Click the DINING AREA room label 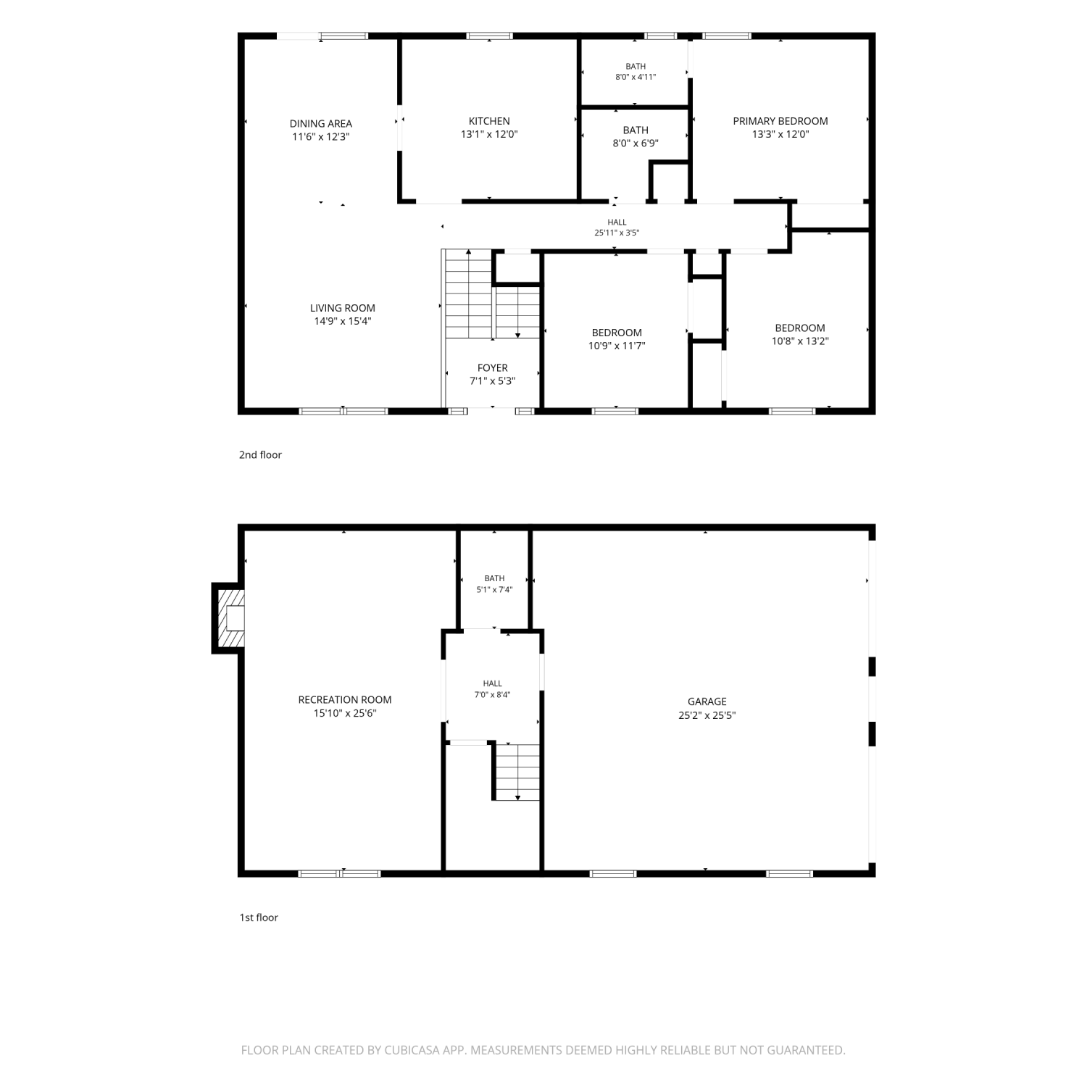coord(320,124)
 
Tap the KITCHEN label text coord(489,121)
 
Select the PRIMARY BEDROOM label coord(780,121)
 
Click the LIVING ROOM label coord(343,308)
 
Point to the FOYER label coord(493,368)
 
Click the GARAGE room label coord(707,701)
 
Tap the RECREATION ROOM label coord(345,700)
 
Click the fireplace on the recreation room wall coord(229,618)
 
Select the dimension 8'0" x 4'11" coord(636,77)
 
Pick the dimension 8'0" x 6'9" coord(636,143)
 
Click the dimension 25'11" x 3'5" coord(617,233)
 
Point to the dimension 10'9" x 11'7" coord(617,346)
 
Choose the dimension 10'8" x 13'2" coord(800,341)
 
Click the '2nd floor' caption coord(260,455)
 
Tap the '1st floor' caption coord(259,917)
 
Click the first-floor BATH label coord(494,578)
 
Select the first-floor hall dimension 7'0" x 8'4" coord(493,695)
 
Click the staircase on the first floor coord(517,771)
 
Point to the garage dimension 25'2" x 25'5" coord(707,715)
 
